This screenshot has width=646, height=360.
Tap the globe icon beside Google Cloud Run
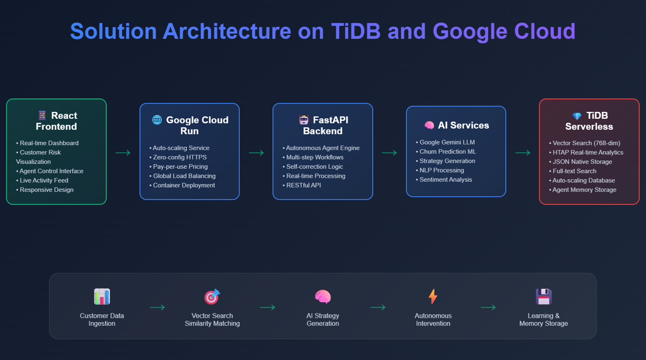point(157,120)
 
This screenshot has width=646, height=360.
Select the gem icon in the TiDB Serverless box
point(577,116)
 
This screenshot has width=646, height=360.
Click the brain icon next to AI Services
point(429,125)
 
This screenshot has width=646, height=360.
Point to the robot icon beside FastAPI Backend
point(303,120)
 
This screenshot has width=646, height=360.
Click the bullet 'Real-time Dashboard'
point(49,143)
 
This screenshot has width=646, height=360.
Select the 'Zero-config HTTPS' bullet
point(180,157)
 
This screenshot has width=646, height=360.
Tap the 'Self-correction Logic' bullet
point(314,167)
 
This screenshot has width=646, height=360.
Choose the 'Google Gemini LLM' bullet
point(447,142)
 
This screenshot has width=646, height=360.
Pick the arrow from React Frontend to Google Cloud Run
point(123,153)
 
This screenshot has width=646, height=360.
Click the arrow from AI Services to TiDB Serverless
point(522,153)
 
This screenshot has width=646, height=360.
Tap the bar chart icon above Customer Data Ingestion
point(102,296)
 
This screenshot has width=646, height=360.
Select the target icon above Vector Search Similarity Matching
point(212,296)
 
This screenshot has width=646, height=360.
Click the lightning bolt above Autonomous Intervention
point(433,296)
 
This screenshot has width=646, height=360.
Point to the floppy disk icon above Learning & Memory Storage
point(544,296)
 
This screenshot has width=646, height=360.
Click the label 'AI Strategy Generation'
point(323,320)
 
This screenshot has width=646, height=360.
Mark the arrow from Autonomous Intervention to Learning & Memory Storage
point(488,307)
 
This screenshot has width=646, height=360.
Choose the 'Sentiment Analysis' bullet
point(446,180)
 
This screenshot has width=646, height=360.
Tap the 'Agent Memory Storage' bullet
point(584,190)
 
